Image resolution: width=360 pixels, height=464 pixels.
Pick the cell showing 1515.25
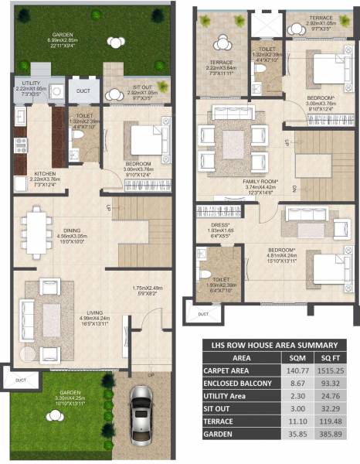tap(330, 371)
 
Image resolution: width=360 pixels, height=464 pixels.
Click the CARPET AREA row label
tap(231, 371)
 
